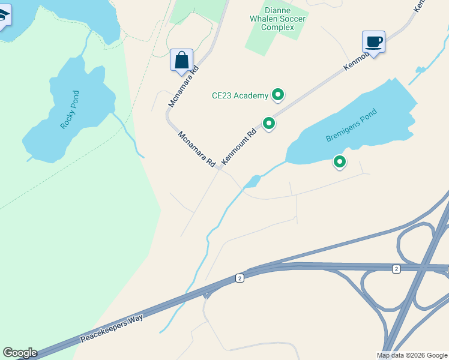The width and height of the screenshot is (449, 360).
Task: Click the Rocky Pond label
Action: [70, 110]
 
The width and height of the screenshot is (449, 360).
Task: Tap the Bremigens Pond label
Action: [351, 125]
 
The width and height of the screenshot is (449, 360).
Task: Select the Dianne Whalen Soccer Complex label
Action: [277, 19]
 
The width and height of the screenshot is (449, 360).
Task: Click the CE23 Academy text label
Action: [240, 95]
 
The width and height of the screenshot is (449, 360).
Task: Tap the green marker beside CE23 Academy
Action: [278, 94]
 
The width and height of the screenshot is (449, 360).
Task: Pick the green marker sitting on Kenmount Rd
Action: [270, 124]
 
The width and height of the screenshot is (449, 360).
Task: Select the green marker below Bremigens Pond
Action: [340, 162]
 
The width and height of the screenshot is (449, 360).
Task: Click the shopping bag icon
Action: [181, 61]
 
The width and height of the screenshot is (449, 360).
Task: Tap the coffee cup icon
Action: [373, 42]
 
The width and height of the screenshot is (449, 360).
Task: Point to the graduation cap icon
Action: [3, 16]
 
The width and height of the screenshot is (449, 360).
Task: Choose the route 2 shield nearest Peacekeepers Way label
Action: [240, 278]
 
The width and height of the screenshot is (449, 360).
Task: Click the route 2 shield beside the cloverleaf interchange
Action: [396, 269]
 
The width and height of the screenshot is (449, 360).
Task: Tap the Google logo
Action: [20, 353]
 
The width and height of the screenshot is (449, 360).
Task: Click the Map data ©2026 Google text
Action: [412, 355]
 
